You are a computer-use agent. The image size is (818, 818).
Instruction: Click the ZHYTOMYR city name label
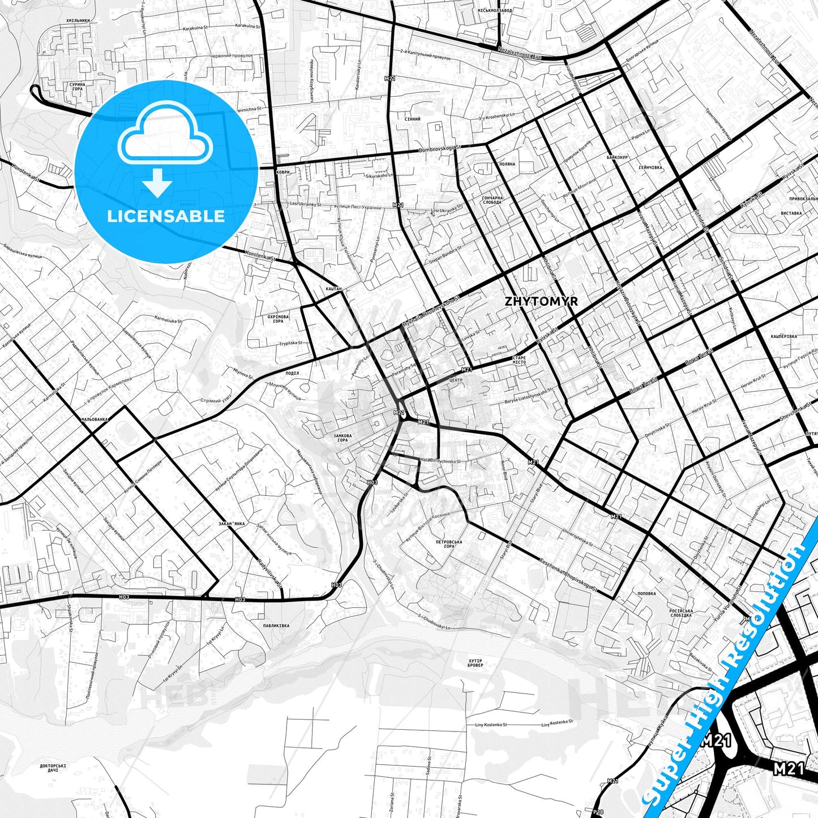[541, 301]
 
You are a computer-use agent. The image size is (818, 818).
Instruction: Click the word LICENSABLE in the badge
[166, 216]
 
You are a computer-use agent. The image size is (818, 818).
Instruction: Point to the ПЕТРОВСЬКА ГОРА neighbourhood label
[449, 544]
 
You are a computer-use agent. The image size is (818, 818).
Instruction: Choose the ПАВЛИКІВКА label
[276, 626]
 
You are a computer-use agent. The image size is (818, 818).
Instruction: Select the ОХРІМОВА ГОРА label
[279, 319]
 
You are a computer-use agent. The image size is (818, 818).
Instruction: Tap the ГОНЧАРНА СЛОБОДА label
[492, 200]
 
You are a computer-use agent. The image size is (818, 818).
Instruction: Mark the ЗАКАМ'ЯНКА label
[232, 524]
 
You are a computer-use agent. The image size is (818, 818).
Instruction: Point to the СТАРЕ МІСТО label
[519, 360]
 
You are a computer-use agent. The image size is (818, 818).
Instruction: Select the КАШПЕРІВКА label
[783, 336]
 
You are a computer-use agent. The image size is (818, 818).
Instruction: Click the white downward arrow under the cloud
[157, 183]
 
